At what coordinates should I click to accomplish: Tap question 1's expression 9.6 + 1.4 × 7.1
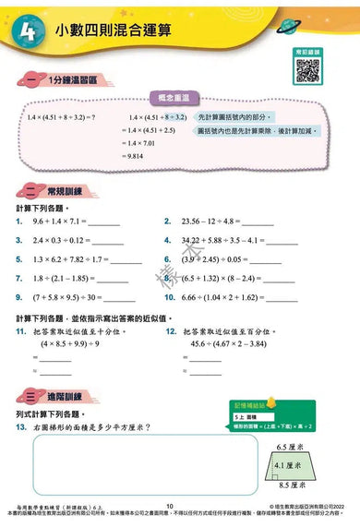pyautogui.click(x=62, y=222)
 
